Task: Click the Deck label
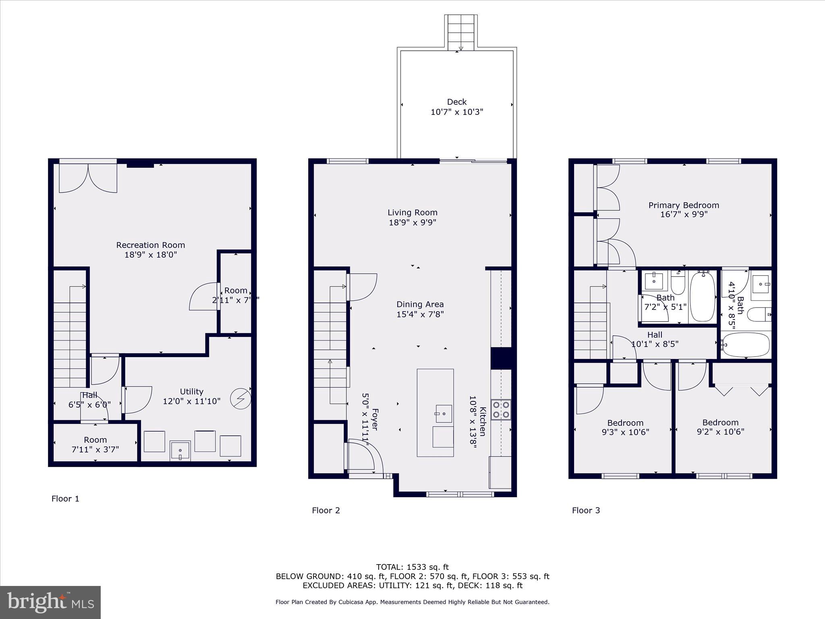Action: pyautogui.click(x=456, y=102)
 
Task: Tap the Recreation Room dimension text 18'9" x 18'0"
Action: pyautogui.click(x=151, y=255)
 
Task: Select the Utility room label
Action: pyautogui.click(x=191, y=392)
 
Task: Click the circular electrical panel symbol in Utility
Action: pyautogui.click(x=240, y=399)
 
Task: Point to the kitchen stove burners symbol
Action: pyautogui.click(x=501, y=409)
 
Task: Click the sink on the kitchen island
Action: pyautogui.click(x=444, y=414)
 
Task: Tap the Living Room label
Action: pyautogui.click(x=412, y=212)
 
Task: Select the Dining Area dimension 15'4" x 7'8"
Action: pyautogui.click(x=420, y=314)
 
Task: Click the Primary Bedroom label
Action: pyautogui.click(x=683, y=205)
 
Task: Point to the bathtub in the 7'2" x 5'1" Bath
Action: pyautogui.click(x=703, y=297)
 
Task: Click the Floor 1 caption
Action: pyautogui.click(x=65, y=499)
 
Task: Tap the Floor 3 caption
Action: pyautogui.click(x=586, y=510)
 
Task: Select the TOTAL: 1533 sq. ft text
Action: pyautogui.click(x=412, y=567)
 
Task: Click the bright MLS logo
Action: pyautogui.click(x=50, y=602)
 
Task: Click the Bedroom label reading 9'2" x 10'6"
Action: pyautogui.click(x=720, y=427)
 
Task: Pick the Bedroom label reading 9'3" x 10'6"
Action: pyautogui.click(x=625, y=428)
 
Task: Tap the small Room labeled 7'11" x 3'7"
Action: pyautogui.click(x=95, y=444)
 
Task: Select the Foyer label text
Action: pyautogui.click(x=375, y=419)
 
